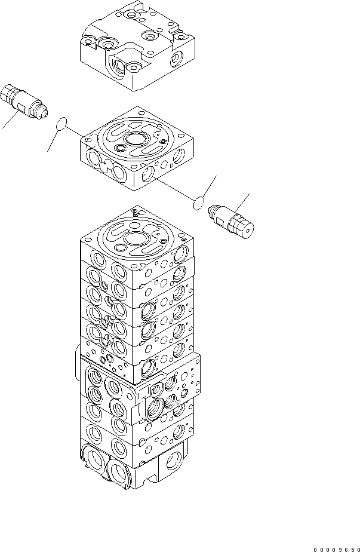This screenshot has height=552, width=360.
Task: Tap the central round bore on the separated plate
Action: [x=136, y=140]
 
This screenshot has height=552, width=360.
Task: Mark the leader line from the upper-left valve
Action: [x=8, y=122]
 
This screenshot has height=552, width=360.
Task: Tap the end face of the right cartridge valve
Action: [x=247, y=226]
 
